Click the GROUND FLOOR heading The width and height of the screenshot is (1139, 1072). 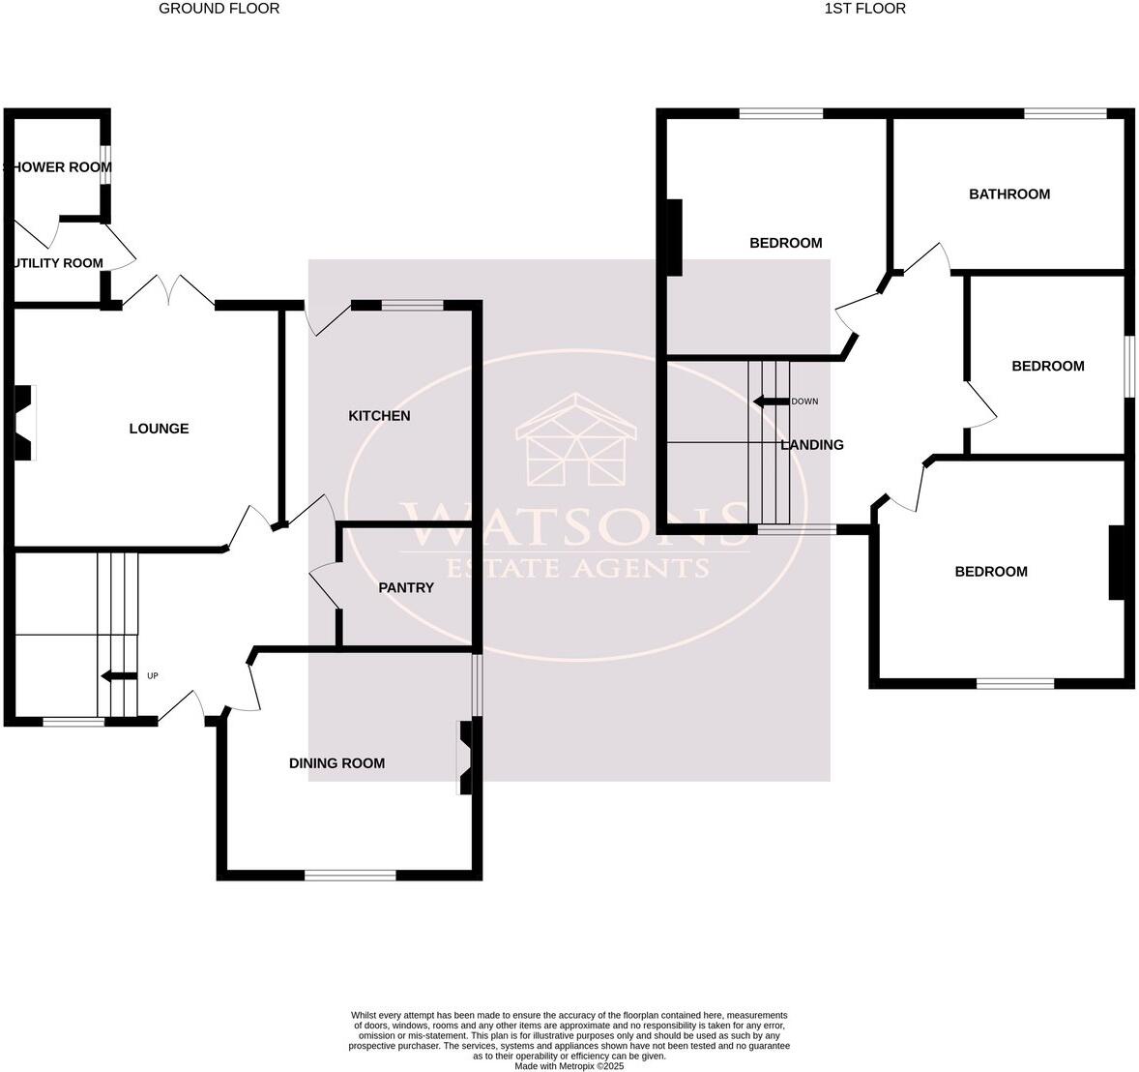[x=219, y=9]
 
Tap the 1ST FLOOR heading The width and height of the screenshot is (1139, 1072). [x=864, y=9]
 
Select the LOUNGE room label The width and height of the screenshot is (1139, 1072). [x=159, y=429]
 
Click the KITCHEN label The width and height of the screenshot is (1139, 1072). [x=379, y=416]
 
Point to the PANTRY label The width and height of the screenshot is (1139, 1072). [x=406, y=587]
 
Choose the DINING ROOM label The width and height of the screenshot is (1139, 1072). [x=336, y=763]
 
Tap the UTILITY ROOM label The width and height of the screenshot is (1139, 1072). [x=56, y=263]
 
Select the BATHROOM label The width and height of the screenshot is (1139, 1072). [x=1009, y=194]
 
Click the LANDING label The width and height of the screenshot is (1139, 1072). [x=812, y=445]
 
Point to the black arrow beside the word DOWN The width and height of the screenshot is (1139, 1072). [x=770, y=402]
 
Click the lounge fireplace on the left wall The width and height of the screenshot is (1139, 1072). [x=23, y=423]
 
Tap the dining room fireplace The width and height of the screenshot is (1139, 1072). [x=466, y=758]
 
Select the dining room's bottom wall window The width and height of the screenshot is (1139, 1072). [x=350, y=876]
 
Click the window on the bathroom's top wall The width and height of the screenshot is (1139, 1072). [x=1066, y=114]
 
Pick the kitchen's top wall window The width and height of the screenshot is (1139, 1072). [x=412, y=306]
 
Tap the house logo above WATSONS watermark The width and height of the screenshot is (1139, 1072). [x=574, y=440]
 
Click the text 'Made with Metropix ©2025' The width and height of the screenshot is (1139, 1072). [x=569, y=1066]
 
